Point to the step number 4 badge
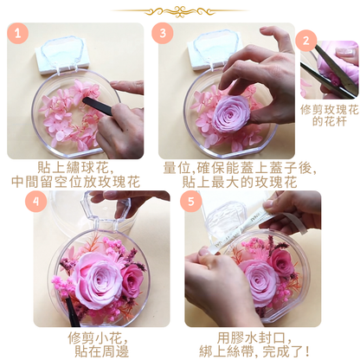pyautogui.click(x=35, y=200)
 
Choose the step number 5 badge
pyautogui.click(x=192, y=200)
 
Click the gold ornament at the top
pyautogui.click(x=179, y=11)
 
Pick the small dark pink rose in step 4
pyautogui.click(x=131, y=278)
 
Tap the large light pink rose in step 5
pyautogui.click(x=259, y=279)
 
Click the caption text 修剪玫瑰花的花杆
pyautogui.click(x=329, y=117)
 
